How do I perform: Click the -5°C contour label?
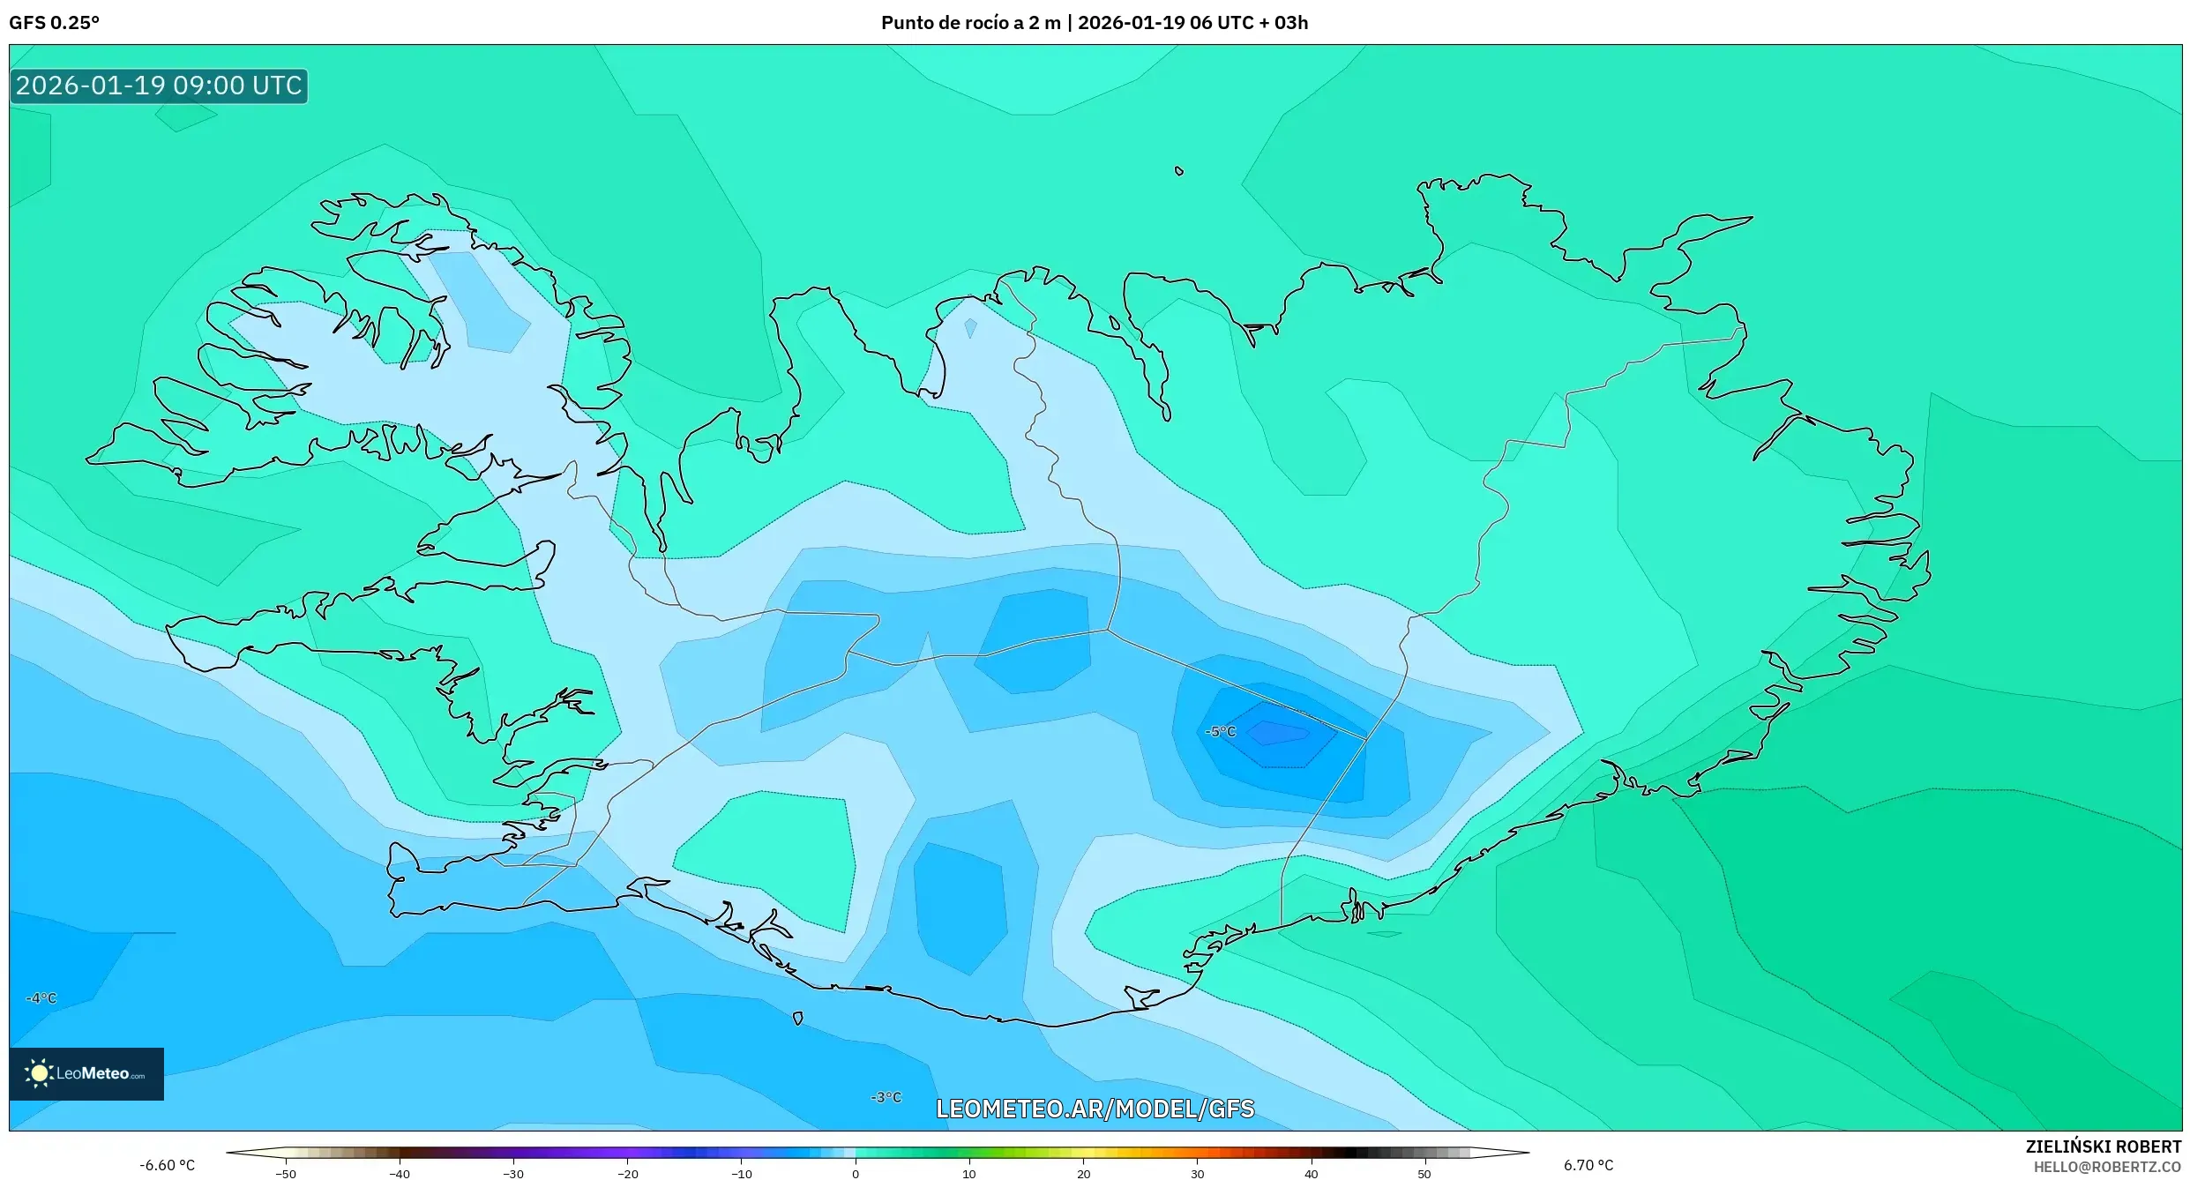pyautogui.click(x=1221, y=731)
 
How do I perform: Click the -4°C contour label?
pyautogui.click(x=41, y=998)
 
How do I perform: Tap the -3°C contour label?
pyautogui.click(x=886, y=1097)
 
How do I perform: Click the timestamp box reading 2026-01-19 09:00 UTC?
pyautogui.click(x=159, y=86)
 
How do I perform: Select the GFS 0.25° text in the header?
pyautogui.click(x=54, y=23)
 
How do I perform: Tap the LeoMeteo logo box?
pyautogui.click(x=86, y=1073)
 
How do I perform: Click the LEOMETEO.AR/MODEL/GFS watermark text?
pyautogui.click(x=1095, y=1109)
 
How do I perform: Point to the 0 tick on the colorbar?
pyautogui.click(x=855, y=1173)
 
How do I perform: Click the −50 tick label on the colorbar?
pyautogui.click(x=285, y=1174)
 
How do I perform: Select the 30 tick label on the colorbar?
pyautogui.click(x=1197, y=1174)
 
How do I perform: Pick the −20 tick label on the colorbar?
pyautogui.click(x=627, y=1174)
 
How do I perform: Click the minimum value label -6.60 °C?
pyautogui.click(x=167, y=1165)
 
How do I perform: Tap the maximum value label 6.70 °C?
pyautogui.click(x=1588, y=1165)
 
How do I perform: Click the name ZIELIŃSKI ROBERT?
pyautogui.click(x=2103, y=1146)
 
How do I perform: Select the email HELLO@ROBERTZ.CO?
pyautogui.click(x=2107, y=1167)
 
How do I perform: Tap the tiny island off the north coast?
pyautogui.click(x=1179, y=171)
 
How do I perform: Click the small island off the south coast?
pyautogui.click(x=798, y=1019)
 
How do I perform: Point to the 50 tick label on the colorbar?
pyautogui.click(x=1424, y=1174)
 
